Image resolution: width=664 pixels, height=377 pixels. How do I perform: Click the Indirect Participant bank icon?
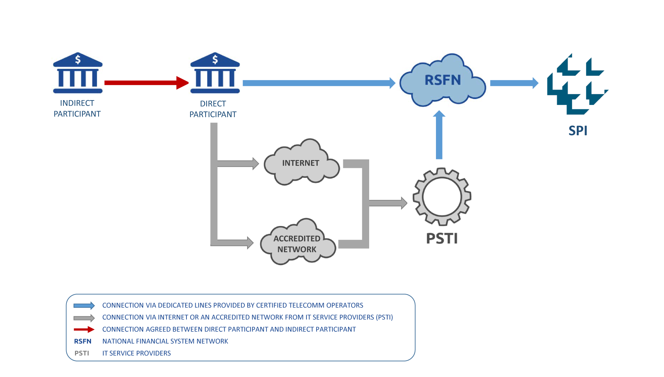tap(78, 73)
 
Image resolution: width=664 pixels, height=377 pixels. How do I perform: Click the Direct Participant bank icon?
tap(215, 73)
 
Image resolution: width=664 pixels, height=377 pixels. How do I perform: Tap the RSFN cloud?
tap(442, 80)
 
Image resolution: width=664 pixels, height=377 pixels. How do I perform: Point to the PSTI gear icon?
tap(442, 197)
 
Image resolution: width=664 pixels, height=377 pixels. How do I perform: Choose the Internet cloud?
tap(301, 163)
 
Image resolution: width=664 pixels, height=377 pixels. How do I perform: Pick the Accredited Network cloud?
tap(297, 244)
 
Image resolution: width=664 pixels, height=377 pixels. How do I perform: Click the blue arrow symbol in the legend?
tap(84, 305)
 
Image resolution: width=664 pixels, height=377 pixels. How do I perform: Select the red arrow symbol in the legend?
tap(84, 329)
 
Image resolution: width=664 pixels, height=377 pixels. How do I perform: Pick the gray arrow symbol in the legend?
tap(84, 318)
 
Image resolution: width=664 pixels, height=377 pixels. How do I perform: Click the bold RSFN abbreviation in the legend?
tap(83, 341)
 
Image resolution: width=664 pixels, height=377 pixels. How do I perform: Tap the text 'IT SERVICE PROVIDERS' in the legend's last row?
tap(136, 353)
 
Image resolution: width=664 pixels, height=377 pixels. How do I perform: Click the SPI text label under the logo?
tap(578, 131)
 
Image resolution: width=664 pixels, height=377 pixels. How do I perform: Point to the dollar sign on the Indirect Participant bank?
tap(78, 60)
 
